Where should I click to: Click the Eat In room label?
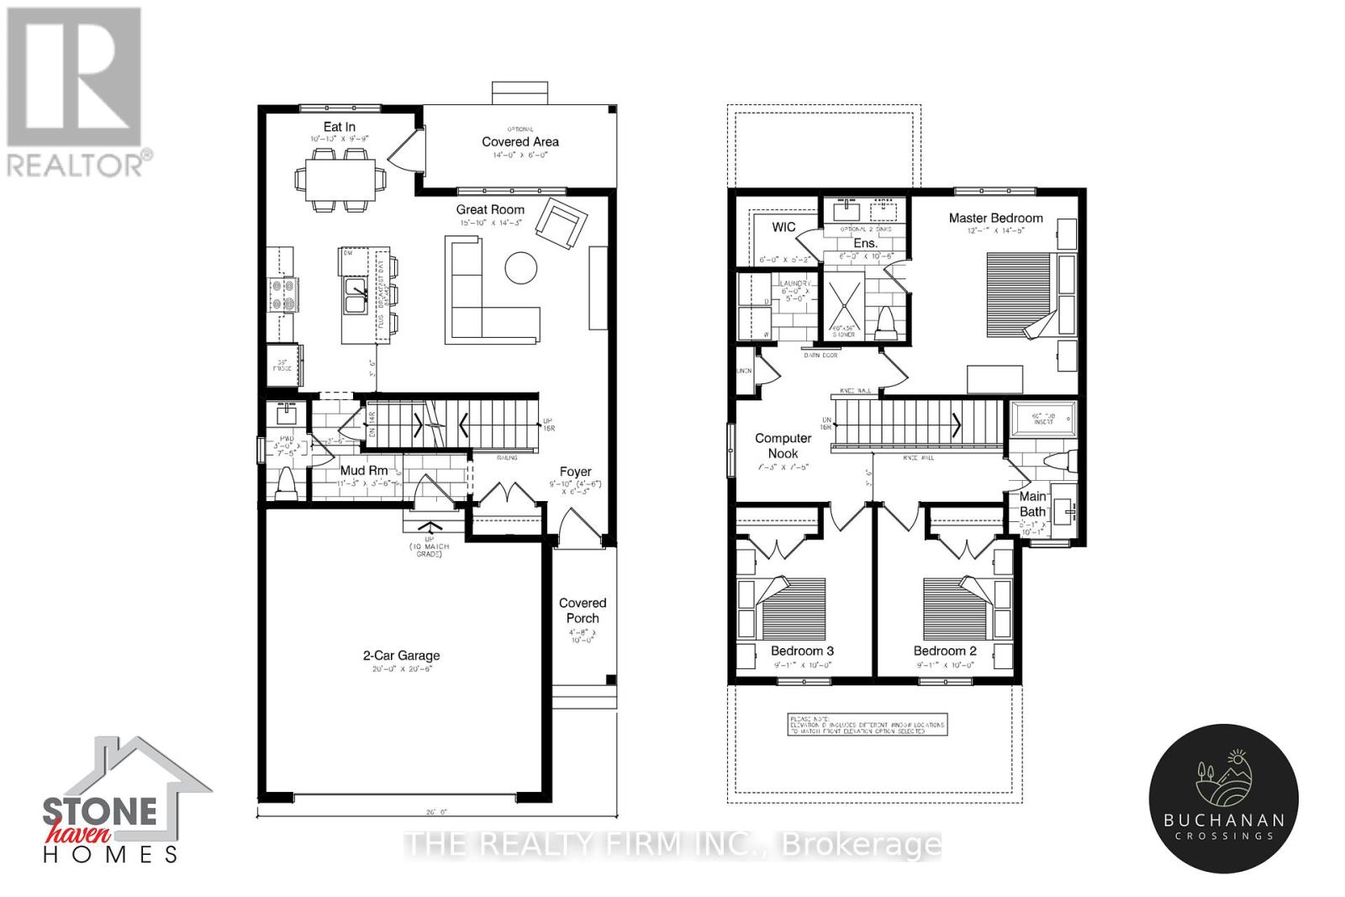coord(339,127)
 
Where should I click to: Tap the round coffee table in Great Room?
coord(521,268)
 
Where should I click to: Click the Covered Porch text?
coord(583,610)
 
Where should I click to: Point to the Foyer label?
coord(576,472)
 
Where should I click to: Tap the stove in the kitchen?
coord(280,296)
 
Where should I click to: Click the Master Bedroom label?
coord(995,218)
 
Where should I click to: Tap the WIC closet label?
coord(783,228)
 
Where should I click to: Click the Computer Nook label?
coord(783,446)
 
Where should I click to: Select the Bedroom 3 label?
coord(802,651)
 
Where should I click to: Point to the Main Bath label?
coord(1033,504)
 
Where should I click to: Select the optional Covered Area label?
coord(520,141)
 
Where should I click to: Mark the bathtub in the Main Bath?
coord(1042,418)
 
